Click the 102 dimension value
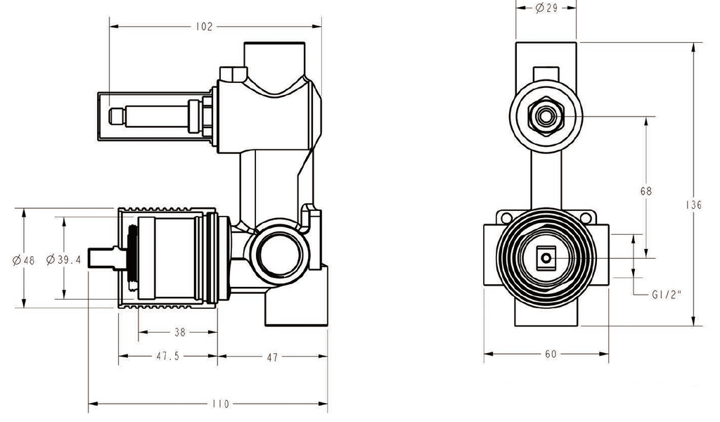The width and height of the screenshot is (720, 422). pyautogui.click(x=203, y=27)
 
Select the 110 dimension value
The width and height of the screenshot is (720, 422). pyautogui.click(x=220, y=404)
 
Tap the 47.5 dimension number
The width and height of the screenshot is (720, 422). pyautogui.click(x=167, y=357)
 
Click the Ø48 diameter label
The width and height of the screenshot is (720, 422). pyautogui.click(x=23, y=260)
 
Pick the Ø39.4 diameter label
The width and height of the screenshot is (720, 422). pyautogui.click(x=64, y=260)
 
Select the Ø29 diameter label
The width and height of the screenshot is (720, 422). pyautogui.click(x=546, y=8)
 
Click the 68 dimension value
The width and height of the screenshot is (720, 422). pyautogui.click(x=646, y=191)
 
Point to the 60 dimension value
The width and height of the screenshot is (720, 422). pyautogui.click(x=550, y=354)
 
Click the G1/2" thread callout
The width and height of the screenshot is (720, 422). pyautogui.click(x=665, y=296)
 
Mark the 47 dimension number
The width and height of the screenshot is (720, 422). pyautogui.click(x=272, y=357)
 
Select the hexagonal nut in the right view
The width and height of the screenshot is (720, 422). pyautogui.click(x=546, y=115)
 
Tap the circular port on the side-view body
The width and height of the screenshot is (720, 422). pyautogui.click(x=276, y=251)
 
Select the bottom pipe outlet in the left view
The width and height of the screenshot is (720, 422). pyautogui.click(x=295, y=309)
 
